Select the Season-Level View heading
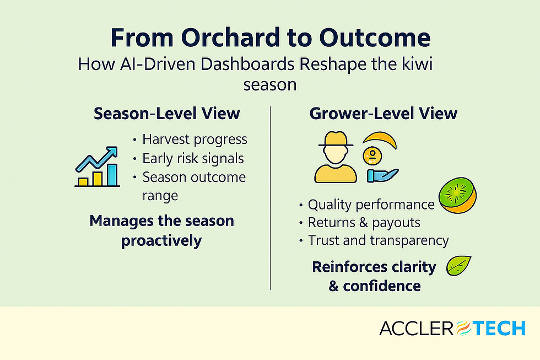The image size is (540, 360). (167, 114)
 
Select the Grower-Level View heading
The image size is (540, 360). (384, 114)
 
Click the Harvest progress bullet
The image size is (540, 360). (195, 139)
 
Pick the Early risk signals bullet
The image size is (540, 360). (193, 158)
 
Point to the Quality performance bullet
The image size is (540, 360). (371, 205)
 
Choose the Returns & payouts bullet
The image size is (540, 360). (364, 222)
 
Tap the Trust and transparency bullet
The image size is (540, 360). (378, 240)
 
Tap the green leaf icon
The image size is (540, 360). (458, 266)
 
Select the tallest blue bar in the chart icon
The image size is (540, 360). (112, 174)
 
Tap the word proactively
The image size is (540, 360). (161, 241)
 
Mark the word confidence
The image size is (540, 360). (382, 286)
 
